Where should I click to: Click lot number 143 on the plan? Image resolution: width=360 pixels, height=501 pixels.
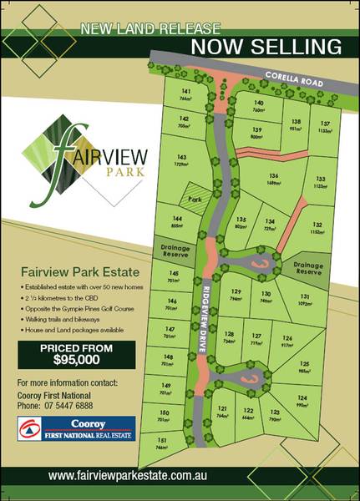click(181, 159)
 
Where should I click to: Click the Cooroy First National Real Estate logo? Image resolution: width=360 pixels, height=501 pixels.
click(77, 428)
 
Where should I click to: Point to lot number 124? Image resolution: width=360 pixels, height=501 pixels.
click(301, 400)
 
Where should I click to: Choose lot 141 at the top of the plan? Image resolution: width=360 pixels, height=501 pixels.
click(185, 94)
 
